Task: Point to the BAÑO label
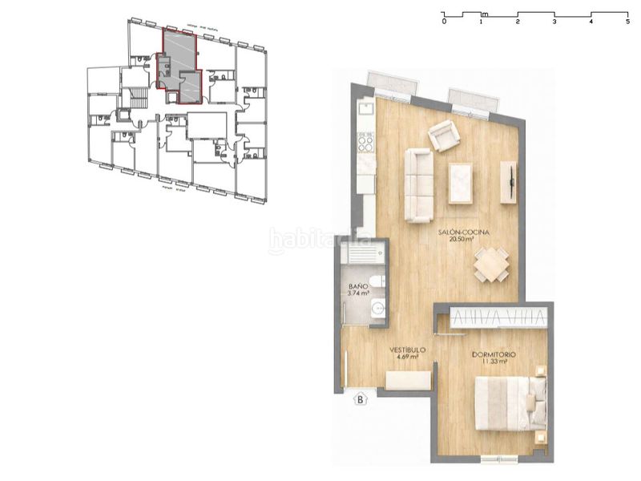click(357, 289)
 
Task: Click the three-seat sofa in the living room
click(418, 184)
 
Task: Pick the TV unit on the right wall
click(508, 182)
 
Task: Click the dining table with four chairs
click(490, 265)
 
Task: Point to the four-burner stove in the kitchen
click(365, 142)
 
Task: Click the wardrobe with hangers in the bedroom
click(498, 317)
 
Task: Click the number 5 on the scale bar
click(627, 22)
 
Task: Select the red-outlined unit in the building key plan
click(180, 64)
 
